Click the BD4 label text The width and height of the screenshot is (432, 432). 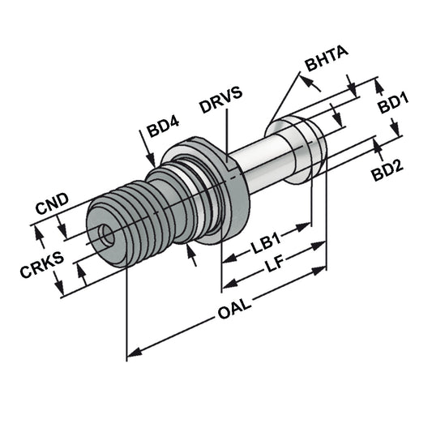coord(163,130)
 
